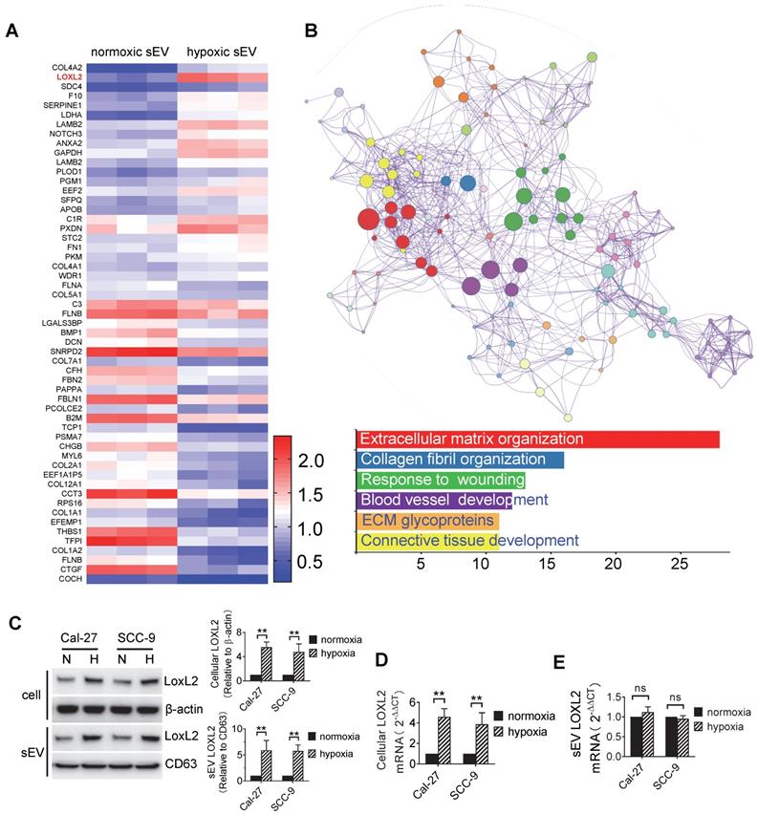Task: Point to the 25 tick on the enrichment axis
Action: click(x=679, y=563)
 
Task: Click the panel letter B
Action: click(x=310, y=32)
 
